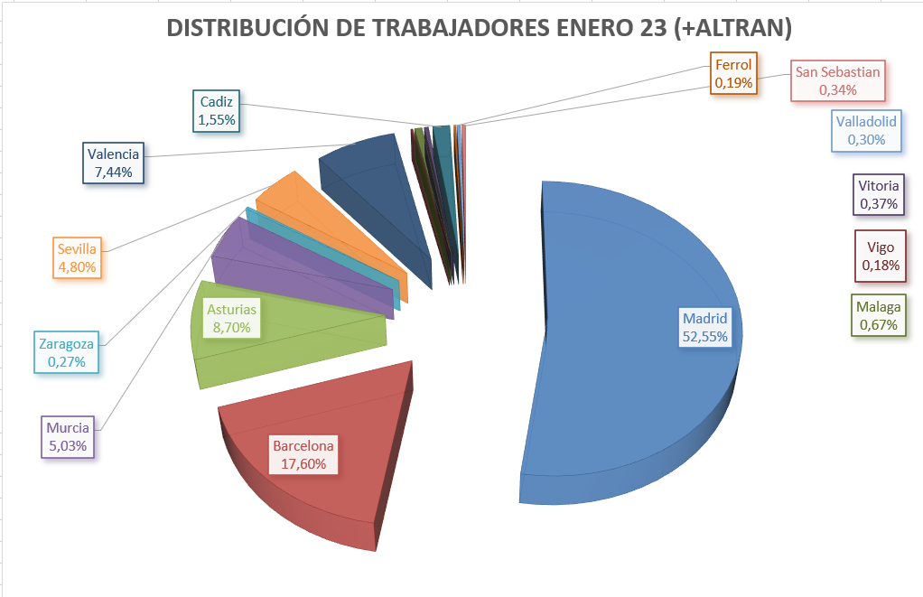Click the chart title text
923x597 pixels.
(479, 29)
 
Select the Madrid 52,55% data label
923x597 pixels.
(704, 327)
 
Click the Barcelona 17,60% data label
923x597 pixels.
(303, 454)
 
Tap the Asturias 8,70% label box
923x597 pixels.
(232, 318)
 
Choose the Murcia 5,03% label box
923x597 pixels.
(69, 436)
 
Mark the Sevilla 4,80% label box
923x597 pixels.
(77, 257)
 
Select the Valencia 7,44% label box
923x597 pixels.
(113, 163)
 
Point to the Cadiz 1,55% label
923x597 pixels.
(217, 110)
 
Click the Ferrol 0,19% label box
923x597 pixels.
(733, 73)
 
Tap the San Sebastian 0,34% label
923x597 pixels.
(837, 81)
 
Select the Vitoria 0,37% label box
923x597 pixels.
(878, 195)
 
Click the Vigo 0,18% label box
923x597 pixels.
(880, 256)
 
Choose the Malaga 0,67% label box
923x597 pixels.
(879, 316)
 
